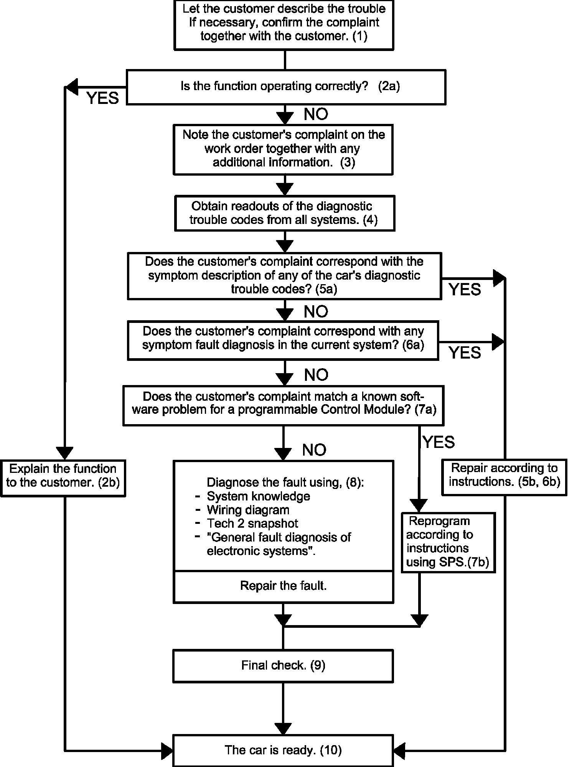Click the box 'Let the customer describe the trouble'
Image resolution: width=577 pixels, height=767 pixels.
coord(284,25)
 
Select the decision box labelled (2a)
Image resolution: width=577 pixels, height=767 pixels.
coord(286,87)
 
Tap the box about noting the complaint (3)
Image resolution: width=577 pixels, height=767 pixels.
coord(284,150)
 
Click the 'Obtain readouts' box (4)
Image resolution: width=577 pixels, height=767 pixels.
coord(285,213)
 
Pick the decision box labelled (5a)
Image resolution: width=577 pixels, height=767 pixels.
coord(284,276)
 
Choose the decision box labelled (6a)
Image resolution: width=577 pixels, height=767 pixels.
coord(283,341)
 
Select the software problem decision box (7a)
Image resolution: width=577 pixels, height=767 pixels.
coord(283,406)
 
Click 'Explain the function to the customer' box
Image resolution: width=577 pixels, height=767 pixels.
coord(63,478)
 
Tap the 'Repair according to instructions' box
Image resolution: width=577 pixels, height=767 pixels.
coord(504,477)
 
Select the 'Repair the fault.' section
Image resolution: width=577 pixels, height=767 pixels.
coord(284,586)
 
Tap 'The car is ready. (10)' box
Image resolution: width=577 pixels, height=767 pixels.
coord(283,750)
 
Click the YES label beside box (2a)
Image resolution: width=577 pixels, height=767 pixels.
coord(103,98)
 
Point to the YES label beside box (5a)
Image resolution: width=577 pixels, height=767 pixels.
coord(465,290)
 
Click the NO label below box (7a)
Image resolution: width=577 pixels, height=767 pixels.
coord(314,450)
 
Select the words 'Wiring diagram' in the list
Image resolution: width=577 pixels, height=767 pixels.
coord(248,510)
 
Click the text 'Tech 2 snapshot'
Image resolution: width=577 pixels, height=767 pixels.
coord(252,523)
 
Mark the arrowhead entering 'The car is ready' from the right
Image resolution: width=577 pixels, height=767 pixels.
coord(400,750)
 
